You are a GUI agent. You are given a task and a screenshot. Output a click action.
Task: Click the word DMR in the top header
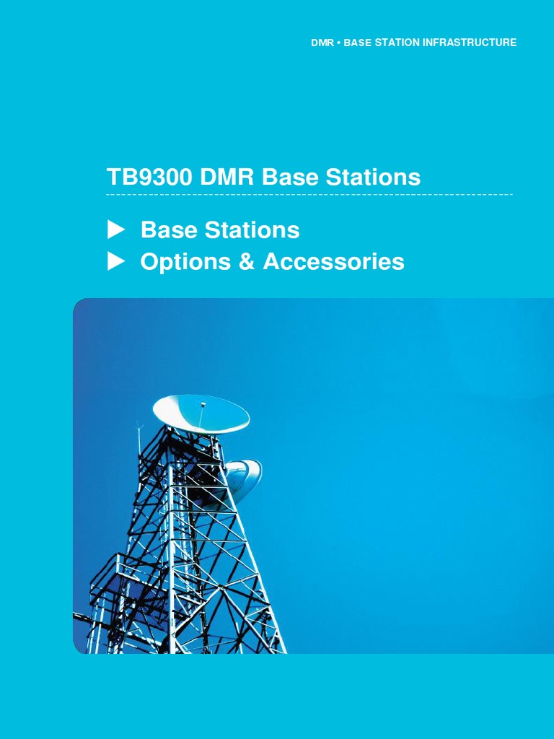point(322,43)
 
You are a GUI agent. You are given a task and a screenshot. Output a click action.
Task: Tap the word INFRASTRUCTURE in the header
point(469,43)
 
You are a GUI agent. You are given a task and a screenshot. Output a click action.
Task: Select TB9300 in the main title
point(149,177)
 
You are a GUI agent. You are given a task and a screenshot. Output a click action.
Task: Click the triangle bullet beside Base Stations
point(116,230)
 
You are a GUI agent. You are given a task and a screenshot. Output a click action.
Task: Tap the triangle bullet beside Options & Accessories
point(116,262)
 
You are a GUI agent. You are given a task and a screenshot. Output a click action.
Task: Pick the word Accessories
point(333,262)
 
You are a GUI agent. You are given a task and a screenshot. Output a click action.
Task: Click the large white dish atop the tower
point(201,413)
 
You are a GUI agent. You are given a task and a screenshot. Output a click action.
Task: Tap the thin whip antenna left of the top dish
point(138,440)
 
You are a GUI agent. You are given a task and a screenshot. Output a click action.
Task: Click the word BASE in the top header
point(357,43)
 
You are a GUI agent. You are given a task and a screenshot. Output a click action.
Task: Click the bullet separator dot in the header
point(338,43)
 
